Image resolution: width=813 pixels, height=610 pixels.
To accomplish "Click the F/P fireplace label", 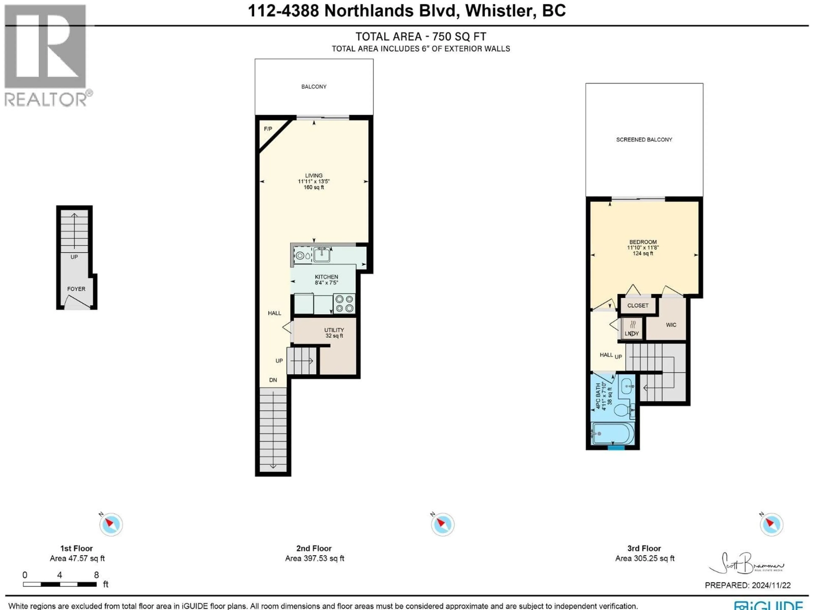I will tap(268, 129).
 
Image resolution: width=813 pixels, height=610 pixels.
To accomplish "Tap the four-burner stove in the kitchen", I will tap(344, 304).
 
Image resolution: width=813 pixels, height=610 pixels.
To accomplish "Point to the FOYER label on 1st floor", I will tap(76, 289).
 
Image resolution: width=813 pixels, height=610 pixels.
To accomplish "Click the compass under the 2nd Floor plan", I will tap(442, 524).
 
